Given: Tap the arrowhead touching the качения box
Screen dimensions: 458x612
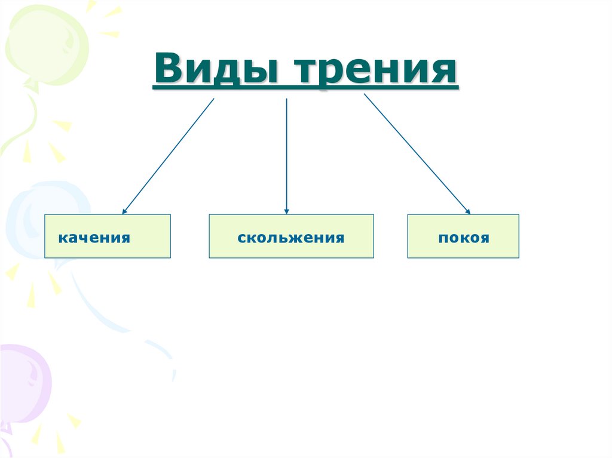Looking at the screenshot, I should pyautogui.click(x=124, y=211).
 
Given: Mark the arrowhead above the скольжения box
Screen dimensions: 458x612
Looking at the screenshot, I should pyautogui.click(x=287, y=211).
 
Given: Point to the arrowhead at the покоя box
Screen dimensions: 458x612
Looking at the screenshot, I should pyautogui.click(x=467, y=211).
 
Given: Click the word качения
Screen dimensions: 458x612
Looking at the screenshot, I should pyautogui.click(x=94, y=238).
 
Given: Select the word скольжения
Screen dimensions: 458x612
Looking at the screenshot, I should pyautogui.click(x=290, y=238).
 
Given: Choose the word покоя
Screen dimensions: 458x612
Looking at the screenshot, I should pyautogui.click(x=463, y=238).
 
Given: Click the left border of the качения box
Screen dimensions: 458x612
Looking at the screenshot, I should pyautogui.click(x=45, y=236).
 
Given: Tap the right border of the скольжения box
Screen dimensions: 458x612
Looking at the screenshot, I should pyautogui.click(x=374, y=236).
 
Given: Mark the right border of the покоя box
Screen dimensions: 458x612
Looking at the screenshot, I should pyautogui.click(x=519, y=236).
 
